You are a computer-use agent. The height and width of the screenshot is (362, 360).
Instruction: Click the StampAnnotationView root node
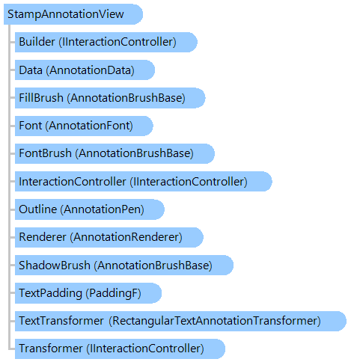73,14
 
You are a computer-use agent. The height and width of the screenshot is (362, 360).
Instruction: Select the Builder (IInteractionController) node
106,42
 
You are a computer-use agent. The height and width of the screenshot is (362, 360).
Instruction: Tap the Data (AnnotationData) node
85,70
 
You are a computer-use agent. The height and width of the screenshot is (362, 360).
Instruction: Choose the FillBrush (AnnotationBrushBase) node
110,98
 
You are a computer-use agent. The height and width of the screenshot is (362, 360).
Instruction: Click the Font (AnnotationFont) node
84,126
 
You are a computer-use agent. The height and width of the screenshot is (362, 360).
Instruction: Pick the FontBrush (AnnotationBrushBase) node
115,153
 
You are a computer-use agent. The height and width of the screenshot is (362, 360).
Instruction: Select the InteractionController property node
144,182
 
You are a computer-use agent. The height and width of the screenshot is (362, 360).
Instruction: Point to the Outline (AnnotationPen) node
90,209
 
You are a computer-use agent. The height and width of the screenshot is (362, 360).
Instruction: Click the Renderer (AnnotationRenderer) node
109,237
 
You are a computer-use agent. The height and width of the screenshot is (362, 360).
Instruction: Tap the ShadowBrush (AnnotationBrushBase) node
124,265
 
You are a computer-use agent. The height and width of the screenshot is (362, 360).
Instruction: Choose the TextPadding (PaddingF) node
88,293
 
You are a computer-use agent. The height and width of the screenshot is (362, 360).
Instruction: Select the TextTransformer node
180,321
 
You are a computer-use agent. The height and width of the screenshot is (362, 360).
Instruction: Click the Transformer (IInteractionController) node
120,349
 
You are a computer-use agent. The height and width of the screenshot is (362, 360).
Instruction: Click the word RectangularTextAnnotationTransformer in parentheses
215,321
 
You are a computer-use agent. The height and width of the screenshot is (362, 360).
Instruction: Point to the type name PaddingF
113,293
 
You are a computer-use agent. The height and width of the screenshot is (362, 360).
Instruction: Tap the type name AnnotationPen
103,209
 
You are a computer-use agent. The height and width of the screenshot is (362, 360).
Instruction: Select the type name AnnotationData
90,70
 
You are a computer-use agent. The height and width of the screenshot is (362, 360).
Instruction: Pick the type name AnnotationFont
89,126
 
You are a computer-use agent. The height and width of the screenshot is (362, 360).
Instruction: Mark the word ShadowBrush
55,265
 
